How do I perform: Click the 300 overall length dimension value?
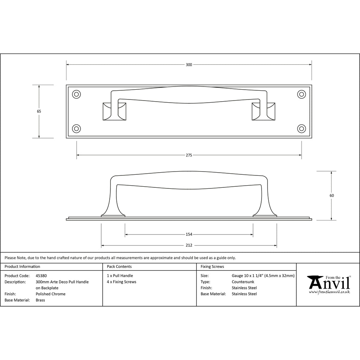(x=189, y=65)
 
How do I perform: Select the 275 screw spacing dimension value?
(x=189, y=155)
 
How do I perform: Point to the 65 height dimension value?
(x=39, y=111)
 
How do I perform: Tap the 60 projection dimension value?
(x=332, y=195)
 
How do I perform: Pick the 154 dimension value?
(x=189, y=234)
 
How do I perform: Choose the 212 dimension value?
(x=189, y=245)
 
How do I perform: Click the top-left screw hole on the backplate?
(x=76, y=94)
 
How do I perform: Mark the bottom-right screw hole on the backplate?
(x=301, y=129)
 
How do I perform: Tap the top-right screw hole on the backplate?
(x=301, y=94)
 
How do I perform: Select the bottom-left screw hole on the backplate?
(x=76, y=129)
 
